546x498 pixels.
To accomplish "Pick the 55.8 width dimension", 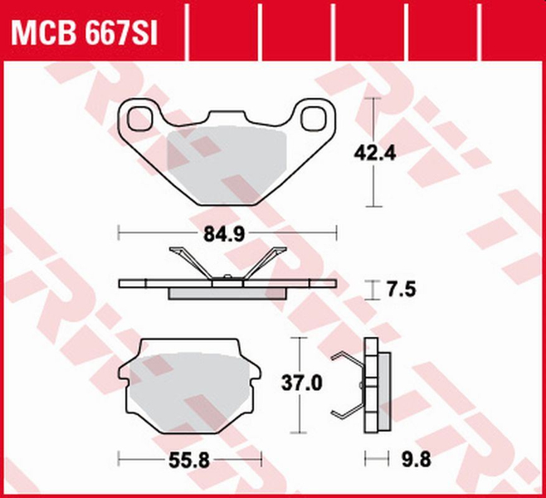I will click(190, 457).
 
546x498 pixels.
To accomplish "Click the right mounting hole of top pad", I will click(315, 116).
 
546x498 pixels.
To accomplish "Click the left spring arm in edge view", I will click(189, 261).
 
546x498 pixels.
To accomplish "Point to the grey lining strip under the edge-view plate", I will click(227, 293).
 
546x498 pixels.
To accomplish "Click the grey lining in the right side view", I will click(384, 386).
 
